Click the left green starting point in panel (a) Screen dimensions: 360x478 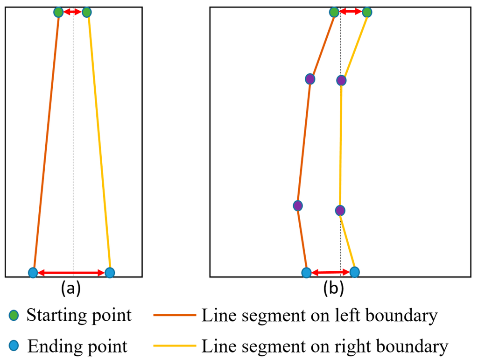[x=58, y=12]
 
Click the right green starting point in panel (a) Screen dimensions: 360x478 [x=86, y=12]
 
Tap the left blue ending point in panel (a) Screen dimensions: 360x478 [x=33, y=272]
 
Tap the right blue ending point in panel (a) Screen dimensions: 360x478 [x=110, y=272]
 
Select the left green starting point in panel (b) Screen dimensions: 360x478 [x=334, y=12]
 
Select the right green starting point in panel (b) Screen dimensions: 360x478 [x=367, y=12]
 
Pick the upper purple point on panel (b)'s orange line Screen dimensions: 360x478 [x=309, y=79]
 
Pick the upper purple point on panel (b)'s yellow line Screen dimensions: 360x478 [x=341, y=80]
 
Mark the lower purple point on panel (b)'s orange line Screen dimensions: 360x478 [x=298, y=205]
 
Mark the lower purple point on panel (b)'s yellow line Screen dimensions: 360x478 [x=340, y=210]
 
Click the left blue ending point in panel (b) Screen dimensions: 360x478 [x=306, y=272]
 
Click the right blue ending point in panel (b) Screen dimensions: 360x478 [x=355, y=272]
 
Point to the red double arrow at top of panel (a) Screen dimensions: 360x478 [x=72, y=12]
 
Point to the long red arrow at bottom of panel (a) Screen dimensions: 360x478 [x=71, y=272]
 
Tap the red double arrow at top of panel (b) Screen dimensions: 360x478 [x=351, y=12]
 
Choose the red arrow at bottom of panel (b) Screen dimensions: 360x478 [x=330, y=272]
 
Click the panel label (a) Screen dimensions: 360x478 [x=71, y=289]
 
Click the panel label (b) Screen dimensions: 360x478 [x=334, y=289]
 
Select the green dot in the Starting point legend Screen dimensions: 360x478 [x=14, y=316]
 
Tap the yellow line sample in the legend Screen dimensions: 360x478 [x=174, y=346]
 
